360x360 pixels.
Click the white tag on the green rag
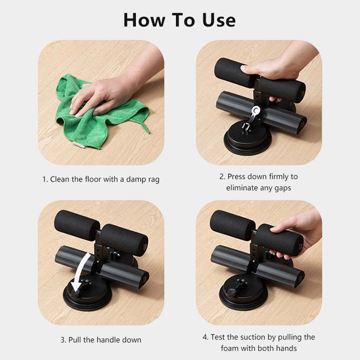pyautogui.click(x=78, y=144)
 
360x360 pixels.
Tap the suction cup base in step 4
pyautogui.click(x=243, y=299)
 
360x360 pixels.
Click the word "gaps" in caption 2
pyautogui.click(x=282, y=188)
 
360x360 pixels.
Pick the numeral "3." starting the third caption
pyautogui.click(x=63, y=340)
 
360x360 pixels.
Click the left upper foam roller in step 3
pyautogui.click(x=76, y=223)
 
